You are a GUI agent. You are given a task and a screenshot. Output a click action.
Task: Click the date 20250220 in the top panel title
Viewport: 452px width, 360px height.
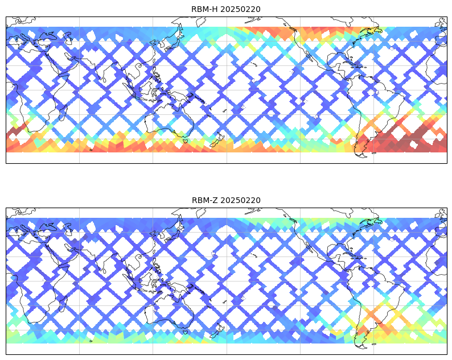240,9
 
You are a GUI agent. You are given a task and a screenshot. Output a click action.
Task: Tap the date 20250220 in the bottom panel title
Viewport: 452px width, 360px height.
240,200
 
